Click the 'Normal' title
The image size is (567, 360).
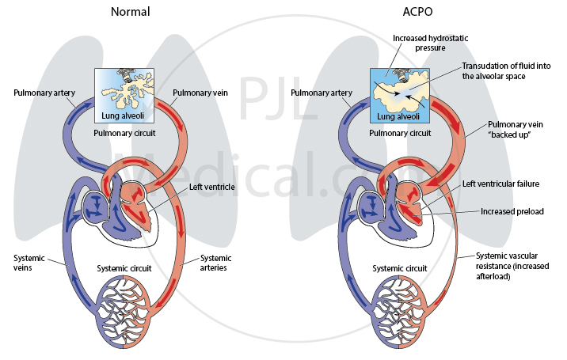coord(131,13)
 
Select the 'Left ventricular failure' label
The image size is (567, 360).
coord(500,184)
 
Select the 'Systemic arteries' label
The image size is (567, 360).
coord(215,263)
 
